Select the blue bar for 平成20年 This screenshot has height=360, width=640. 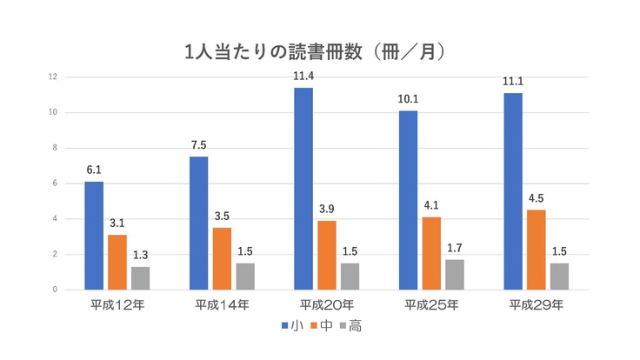tap(303, 189)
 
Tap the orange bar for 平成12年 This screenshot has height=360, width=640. tap(118, 262)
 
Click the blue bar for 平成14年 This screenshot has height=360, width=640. tap(198, 223)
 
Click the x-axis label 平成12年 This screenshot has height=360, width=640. tap(117, 305)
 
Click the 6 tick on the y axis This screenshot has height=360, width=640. tap(55, 183)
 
